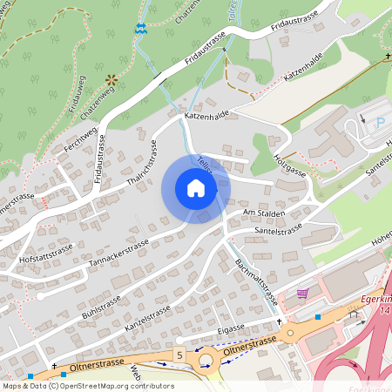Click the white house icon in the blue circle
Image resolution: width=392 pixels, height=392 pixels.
click(196, 189)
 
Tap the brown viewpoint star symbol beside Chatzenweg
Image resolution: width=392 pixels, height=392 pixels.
click(111, 80)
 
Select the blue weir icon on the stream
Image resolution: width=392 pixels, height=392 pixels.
click(139, 28)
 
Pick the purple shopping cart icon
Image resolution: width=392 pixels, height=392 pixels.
click(302, 294)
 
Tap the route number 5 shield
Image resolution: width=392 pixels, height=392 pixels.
click(179, 355)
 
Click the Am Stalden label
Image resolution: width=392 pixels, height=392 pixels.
click(264, 211)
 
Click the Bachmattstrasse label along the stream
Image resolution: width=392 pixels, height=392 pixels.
click(259, 284)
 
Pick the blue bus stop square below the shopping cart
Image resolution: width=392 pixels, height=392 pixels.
click(319, 317)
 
